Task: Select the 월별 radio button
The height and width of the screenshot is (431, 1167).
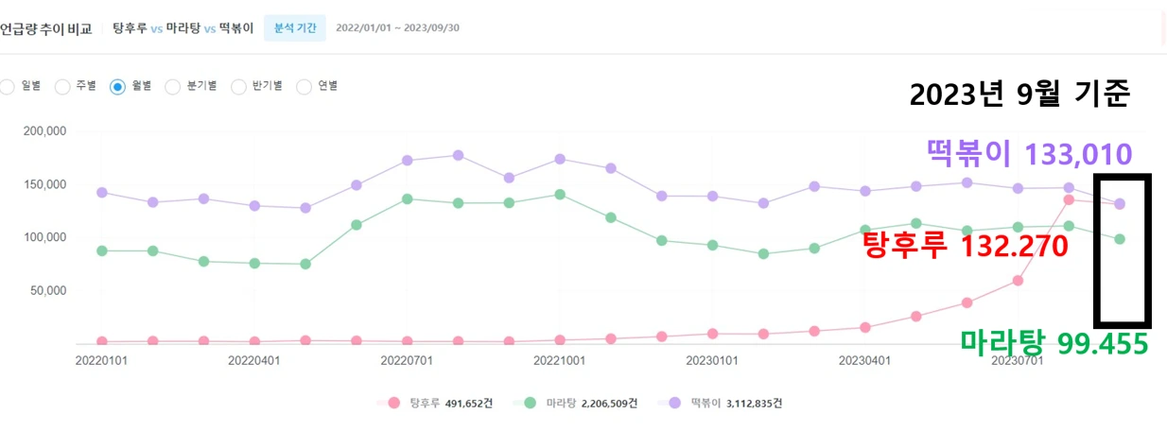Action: tap(117, 87)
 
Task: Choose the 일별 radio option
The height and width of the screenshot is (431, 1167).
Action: tap(8, 87)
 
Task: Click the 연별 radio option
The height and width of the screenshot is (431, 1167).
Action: tap(305, 87)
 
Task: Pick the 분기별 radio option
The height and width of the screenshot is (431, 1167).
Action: tap(173, 87)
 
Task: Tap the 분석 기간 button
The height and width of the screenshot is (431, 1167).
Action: tap(294, 27)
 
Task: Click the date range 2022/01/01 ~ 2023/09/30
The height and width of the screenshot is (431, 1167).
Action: tap(397, 27)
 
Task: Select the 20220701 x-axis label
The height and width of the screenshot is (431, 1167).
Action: tap(407, 360)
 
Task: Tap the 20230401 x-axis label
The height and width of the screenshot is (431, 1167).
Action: tap(864, 360)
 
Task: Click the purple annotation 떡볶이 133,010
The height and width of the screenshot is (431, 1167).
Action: tap(1029, 153)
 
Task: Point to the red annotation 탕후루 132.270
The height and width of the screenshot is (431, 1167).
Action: tap(965, 247)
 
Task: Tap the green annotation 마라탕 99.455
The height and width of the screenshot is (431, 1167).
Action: tap(1054, 343)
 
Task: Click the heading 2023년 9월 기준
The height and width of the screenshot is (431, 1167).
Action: tap(1019, 95)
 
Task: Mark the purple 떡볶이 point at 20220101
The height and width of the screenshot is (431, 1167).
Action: tap(101, 192)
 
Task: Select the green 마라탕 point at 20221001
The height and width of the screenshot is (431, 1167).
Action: tap(560, 195)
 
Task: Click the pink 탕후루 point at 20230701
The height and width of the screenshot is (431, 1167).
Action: tap(1018, 281)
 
